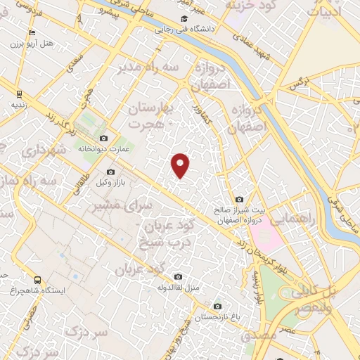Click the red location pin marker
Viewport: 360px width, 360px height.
(x=181, y=165)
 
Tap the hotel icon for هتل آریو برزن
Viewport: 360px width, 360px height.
(x=31, y=33)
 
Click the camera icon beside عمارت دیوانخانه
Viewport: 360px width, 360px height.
(x=104, y=138)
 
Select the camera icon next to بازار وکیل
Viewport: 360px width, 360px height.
(x=110, y=172)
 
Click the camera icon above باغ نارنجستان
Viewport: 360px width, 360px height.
(x=217, y=307)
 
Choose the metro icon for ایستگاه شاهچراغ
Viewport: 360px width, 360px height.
(x=37, y=280)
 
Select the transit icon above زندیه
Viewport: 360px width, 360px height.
(x=19, y=94)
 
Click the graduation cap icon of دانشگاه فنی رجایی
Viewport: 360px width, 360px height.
(x=184, y=19)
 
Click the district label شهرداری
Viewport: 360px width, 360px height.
(x=43, y=150)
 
